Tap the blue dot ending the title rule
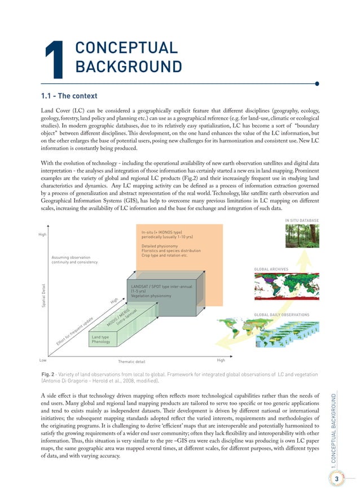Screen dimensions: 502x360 click(x=318, y=84)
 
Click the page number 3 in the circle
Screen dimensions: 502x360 click(x=337, y=479)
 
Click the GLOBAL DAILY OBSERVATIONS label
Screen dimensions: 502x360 click(x=282, y=314)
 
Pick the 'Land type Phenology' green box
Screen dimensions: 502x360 click(x=102, y=340)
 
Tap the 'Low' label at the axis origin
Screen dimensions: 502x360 click(x=42, y=359)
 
